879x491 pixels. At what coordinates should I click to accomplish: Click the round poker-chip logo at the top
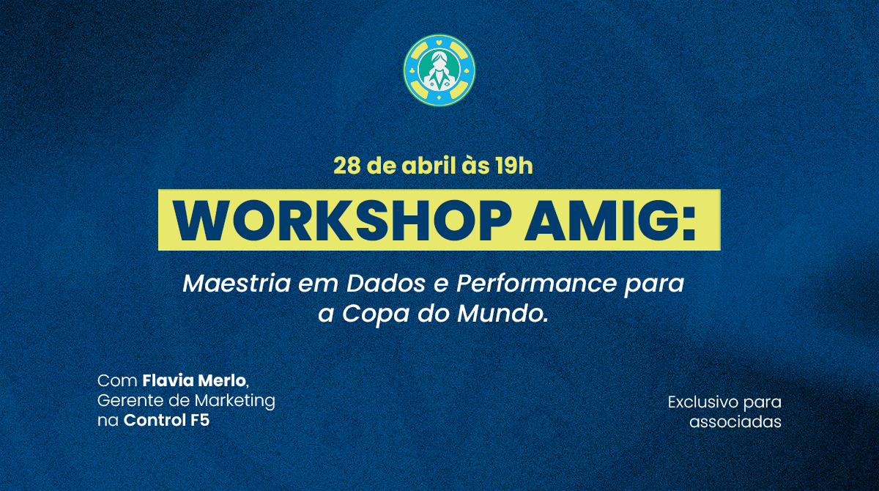[439, 70]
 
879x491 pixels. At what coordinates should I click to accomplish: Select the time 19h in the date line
[513, 166]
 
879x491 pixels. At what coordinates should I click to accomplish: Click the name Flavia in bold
[167, 381]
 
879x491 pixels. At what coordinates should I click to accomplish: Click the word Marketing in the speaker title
[234, 402]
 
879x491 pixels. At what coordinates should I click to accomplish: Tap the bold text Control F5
[166, 421]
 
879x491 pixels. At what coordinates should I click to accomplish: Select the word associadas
[735, 422]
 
